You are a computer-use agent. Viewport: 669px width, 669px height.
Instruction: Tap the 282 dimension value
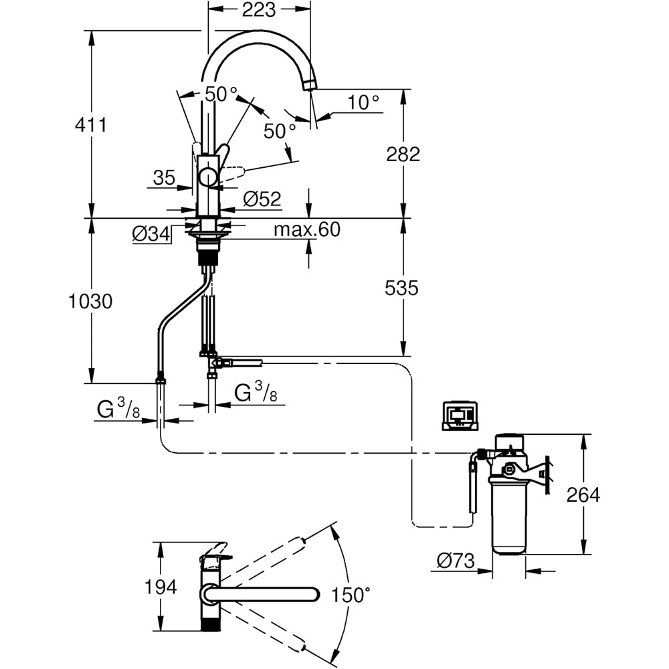click(403, 154)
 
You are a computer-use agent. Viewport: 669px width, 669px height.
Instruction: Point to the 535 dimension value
click(401, 288)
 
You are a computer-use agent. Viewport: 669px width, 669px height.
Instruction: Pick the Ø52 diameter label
click(262, 199)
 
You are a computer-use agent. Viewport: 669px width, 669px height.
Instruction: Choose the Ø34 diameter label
click(151, 234)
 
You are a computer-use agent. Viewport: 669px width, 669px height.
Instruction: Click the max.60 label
click(307, 230)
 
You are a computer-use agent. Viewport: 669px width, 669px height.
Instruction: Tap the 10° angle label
click(364, 102)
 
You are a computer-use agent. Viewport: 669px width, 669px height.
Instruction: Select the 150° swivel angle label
click(351, 593)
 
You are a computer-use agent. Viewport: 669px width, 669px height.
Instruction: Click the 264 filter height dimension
click(583, 495)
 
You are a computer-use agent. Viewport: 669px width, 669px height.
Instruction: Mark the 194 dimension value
click(161, 587)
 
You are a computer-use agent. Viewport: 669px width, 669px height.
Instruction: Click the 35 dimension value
click(164, 177)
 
